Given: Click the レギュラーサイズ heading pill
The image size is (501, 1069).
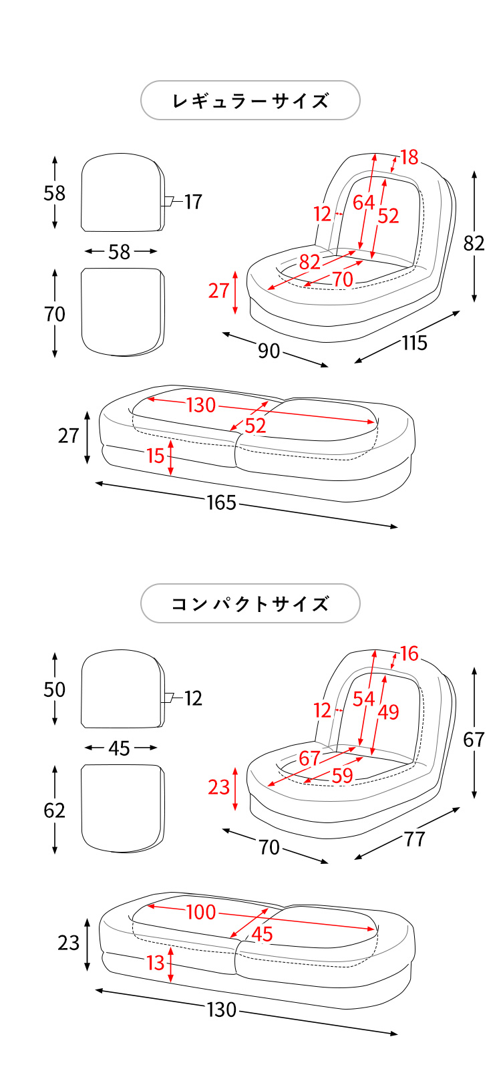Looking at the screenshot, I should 251,101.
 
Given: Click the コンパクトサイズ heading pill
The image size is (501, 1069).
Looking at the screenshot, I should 251,604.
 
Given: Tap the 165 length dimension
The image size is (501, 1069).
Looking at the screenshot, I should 221,502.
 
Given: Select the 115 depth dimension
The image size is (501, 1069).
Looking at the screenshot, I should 414,343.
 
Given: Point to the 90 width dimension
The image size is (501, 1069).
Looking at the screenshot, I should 269,351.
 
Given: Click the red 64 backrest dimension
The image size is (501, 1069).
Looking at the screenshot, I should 363,202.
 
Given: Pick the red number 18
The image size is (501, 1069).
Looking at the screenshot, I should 409,157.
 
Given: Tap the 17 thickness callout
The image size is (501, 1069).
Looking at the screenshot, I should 193,202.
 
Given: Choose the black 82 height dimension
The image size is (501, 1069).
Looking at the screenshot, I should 474,243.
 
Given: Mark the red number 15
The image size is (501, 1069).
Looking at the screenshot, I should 155,456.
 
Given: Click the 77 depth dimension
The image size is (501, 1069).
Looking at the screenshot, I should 414,839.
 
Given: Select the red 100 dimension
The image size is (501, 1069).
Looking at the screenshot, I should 200,912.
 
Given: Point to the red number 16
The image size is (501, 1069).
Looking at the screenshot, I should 409,653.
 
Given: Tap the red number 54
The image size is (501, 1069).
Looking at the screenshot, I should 363,699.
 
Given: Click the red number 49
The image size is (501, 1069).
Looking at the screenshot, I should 388,712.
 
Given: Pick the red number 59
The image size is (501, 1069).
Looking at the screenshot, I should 342,776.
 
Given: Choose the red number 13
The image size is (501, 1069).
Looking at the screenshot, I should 155,963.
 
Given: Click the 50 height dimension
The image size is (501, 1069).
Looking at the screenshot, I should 55,690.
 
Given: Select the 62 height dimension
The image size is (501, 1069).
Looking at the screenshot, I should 55,810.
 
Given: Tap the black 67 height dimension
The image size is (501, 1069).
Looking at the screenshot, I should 474,740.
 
